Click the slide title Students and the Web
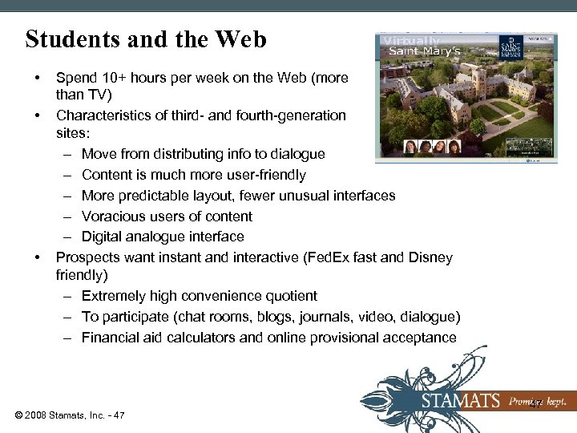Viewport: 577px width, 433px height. pos(146,39)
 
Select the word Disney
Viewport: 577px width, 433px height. pos(430,258)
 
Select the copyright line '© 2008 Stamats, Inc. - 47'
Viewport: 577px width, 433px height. pos(69,415)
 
